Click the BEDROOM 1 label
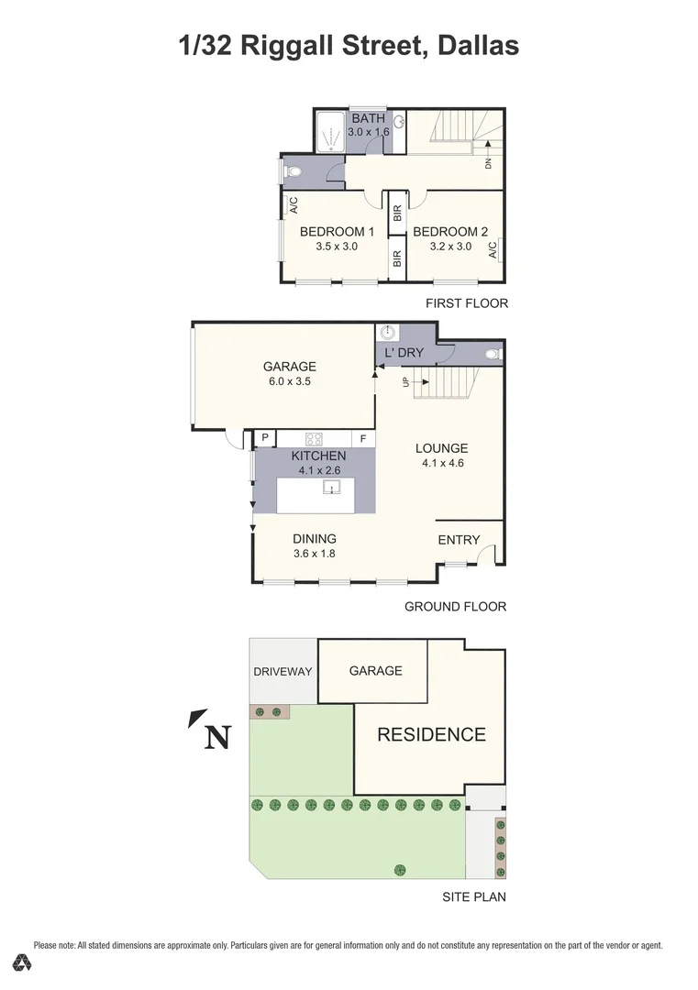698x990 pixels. [x=338, y=232]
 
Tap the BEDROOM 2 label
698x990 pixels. [x=445, y=232]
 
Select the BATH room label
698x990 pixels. [x=369, y=118]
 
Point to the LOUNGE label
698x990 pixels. [x=441, y=448]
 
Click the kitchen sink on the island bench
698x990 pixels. [x=331, y=487]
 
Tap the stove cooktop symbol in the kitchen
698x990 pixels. [x=313, y=438]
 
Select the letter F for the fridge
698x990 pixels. [x=363, y=439]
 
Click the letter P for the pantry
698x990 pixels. [x=265, y=439]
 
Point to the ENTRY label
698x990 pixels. [x=459, y=540]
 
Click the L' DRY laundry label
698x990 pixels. [x=404, y=352]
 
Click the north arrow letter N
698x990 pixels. [x=216, y=737]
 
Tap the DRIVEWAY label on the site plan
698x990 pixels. [x=283, y=671]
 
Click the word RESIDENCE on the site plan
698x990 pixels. [x=431, y=734]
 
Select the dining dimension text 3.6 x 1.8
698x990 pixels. [x=315, y=554]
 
